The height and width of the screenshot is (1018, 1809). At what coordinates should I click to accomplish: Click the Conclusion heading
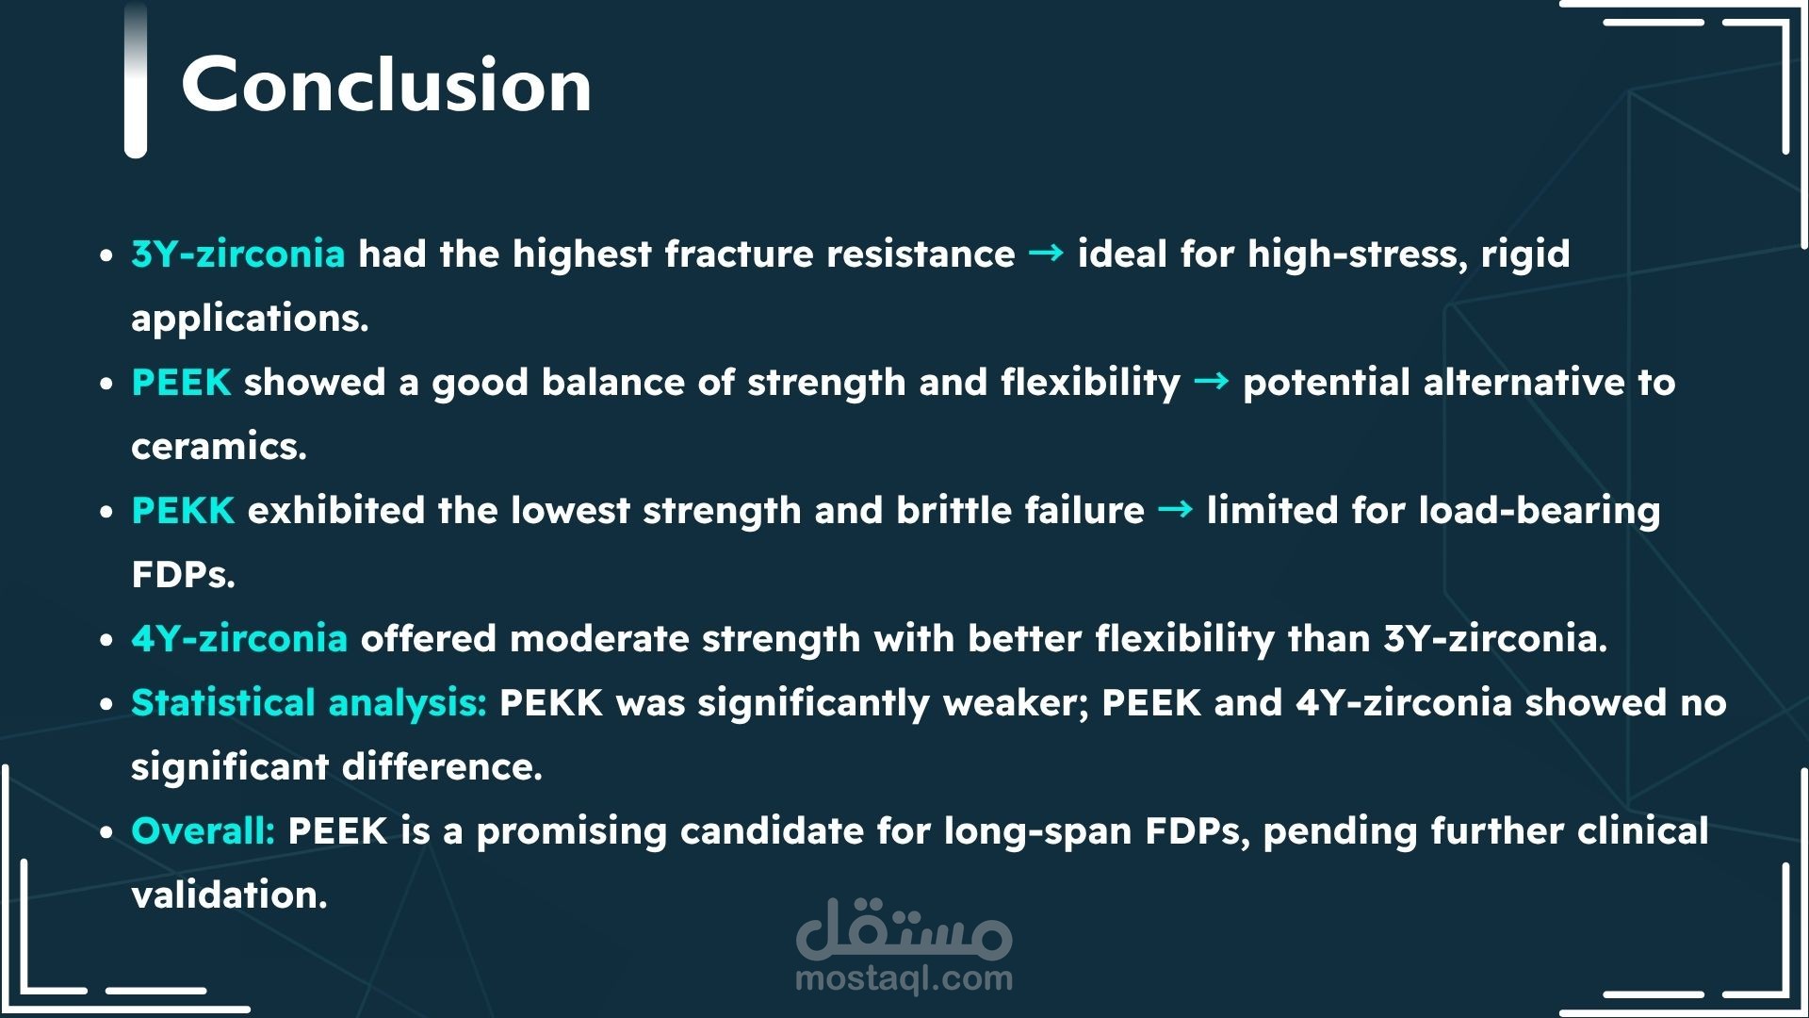(x=386, y=84)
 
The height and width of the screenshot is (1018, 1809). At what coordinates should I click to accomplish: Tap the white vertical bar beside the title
(x=136, y=79)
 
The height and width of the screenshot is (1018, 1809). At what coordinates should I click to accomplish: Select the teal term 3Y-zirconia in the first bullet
(x=238, y=254)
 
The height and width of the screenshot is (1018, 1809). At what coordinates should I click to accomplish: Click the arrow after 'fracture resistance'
(x=1046, y=253)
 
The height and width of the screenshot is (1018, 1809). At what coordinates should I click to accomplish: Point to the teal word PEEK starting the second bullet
(x=181, y=382)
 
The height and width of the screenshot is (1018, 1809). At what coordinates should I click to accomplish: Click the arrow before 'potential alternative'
(x=1211, y=381)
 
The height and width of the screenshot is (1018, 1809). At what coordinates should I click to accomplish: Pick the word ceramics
(x=219, y=446)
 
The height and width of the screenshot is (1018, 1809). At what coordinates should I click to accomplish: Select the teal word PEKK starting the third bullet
(x=183, y=510)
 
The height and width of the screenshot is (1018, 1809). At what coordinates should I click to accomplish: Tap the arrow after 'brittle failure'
(x=1175, y=509)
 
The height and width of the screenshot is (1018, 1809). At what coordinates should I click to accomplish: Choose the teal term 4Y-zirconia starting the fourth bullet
(x=239, y=638)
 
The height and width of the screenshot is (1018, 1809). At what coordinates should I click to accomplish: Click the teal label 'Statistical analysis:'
(x=309, y=703)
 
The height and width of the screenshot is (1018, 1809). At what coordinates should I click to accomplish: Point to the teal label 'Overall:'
(x=204, y=830)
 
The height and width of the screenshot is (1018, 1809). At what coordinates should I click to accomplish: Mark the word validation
(x=229, y=895)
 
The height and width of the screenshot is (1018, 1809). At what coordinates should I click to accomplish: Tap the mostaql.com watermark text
(x=904, y=979)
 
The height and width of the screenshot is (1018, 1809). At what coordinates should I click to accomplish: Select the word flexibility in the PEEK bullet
(x=1090, y=383)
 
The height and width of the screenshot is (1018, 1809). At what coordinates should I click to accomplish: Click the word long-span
(x=1038, y=832)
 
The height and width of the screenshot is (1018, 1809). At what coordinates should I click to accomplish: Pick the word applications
(x=250, y=320)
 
